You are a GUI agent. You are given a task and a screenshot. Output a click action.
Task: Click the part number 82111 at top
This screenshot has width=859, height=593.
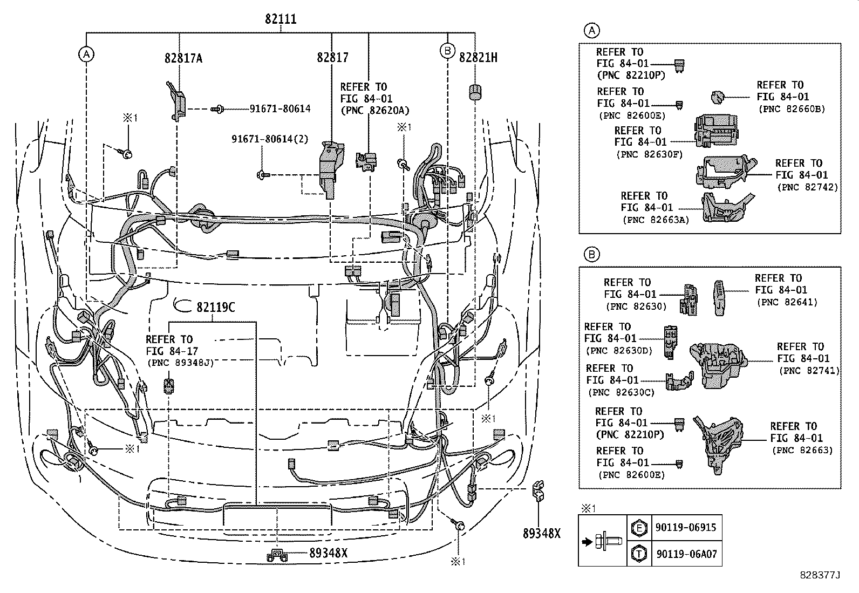click(281, 19)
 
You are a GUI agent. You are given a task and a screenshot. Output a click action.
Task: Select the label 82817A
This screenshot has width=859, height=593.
click(183, 58)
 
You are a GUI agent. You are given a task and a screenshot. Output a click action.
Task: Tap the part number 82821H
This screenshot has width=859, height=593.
click(478, 57)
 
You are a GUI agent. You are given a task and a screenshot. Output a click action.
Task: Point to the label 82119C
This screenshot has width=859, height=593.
click(215, 307)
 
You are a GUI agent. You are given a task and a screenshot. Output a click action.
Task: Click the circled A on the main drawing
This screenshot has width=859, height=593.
click(86, 53)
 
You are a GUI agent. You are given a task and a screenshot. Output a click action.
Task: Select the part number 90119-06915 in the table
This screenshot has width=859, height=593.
click(686, 527)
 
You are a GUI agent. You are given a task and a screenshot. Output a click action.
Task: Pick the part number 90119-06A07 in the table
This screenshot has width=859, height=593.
click(686, 554)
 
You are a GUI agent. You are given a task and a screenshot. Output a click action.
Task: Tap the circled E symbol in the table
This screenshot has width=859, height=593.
click(639, 527)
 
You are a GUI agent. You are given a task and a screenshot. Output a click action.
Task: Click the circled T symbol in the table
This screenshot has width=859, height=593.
click(639, 554)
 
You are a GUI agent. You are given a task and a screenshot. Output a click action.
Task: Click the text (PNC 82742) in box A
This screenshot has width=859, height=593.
click(807, 187)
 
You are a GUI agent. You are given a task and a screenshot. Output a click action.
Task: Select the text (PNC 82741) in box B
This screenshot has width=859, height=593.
click(809, 371)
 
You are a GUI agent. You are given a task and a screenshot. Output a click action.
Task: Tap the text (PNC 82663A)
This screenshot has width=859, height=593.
click(656, 220)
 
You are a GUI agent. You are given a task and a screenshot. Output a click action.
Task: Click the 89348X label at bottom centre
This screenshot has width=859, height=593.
click(329, 553)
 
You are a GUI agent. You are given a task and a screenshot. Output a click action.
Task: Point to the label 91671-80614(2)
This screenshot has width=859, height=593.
click(270, 139)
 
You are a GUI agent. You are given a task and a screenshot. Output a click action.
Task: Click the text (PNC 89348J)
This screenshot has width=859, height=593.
click(180, 363)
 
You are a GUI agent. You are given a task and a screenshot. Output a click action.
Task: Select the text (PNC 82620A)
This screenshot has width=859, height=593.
click(374, 111)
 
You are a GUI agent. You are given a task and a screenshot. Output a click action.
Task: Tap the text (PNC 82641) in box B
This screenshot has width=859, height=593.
click(788, 302)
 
